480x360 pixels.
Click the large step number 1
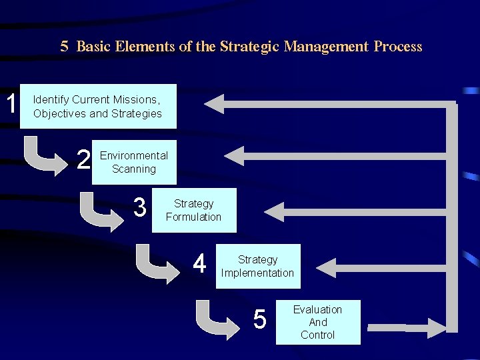(x=11, y=104)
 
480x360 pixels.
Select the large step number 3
(x=139, y=208)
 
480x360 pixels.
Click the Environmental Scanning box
(x=134, y=162)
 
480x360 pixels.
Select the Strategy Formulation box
(x=193, y=210)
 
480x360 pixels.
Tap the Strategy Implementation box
(x=257, y=266)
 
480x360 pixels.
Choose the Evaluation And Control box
(x=318, y=322)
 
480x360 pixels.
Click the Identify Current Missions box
(x=98, y=106)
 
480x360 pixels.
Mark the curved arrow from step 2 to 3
(x=100, y=211)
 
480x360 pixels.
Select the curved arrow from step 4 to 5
(x=218, y=319)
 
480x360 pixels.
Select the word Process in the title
(x=397, y=47)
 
